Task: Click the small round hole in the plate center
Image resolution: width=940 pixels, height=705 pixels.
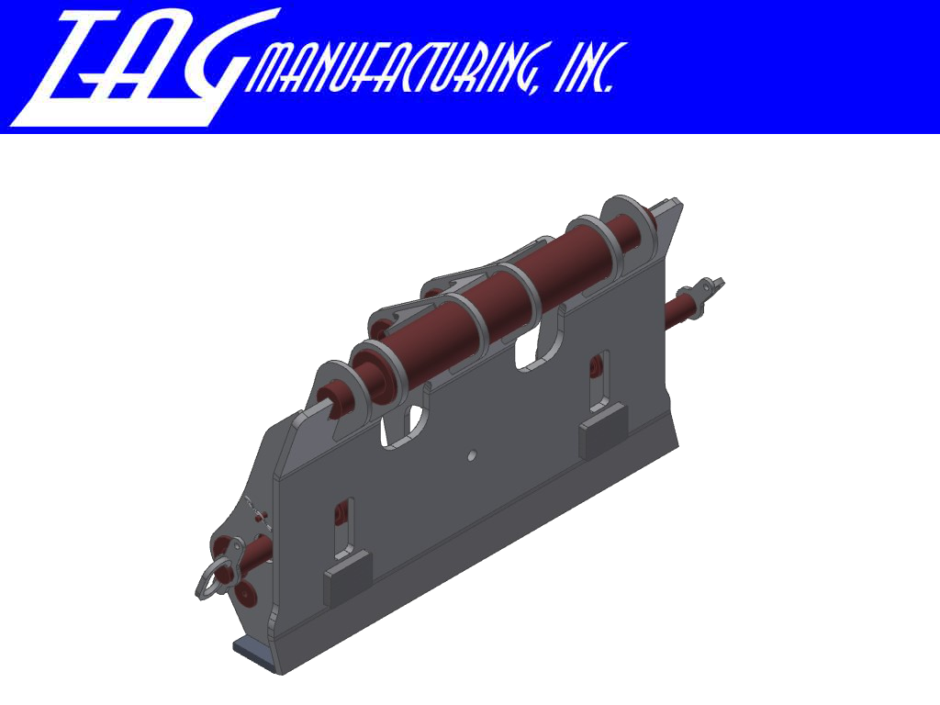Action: tap(471, 453)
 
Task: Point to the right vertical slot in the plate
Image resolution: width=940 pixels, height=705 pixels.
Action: tap(598, 376)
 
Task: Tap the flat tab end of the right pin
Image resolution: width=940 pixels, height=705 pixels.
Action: tap(711, 285)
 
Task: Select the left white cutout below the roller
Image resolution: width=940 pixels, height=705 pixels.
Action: tap(404, 427)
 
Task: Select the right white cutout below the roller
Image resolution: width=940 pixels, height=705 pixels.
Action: tap(538, 349)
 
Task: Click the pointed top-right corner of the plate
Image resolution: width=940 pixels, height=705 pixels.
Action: tap(675, 203)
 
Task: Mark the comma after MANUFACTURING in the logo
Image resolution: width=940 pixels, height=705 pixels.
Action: tap(538, 87)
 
